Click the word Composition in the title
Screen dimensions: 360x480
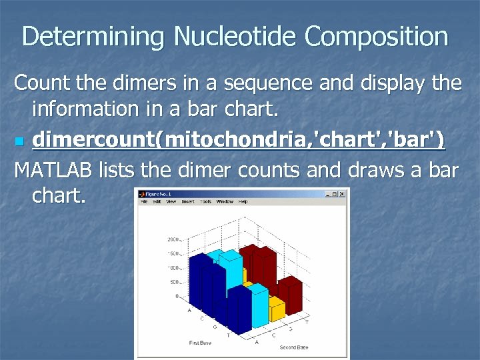pyautogui.click(x=377, y=37)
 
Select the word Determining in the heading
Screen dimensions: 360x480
pyautogui.click(x=93, y=37)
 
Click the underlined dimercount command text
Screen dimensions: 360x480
pyautogui.click(x=238, y=141)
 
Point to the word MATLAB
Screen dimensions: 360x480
pyautogui.click(x=53, y=171)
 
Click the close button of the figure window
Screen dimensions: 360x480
pyautogui.click(x=342, y=194)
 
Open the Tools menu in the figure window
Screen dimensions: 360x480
pyautogui.click(x=206, y=201)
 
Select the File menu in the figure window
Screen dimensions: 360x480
pyautogui.click(x=143, y=201)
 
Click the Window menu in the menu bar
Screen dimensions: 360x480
pyautogui.click(x=225, y=201)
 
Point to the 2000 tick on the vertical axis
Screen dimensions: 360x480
pyautogui.click(x=173, y=239)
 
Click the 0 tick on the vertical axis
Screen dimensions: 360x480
pyautogui.click(x=177, y=296)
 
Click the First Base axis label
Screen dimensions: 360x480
pyautogui.click(x=201, y=342)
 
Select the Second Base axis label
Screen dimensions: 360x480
pyautogui.click(x=293, y=347)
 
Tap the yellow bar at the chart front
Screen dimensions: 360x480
pyautogui.click(x=275, y=310)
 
